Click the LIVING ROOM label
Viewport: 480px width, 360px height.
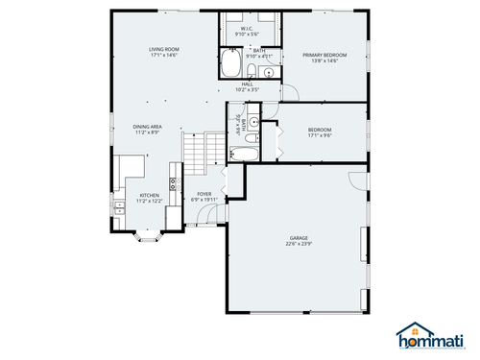point(163,49)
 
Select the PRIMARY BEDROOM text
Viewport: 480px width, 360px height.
point(324,56)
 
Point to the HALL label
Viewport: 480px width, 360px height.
point(247,84)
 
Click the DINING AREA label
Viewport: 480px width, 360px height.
point(147,127)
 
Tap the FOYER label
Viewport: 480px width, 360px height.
point(204,194)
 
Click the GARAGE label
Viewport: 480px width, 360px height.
point(299,237)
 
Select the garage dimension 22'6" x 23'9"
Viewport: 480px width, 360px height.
point(299,244)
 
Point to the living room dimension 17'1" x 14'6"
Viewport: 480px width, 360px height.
point(163,56)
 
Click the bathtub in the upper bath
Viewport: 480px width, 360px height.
point(231,65)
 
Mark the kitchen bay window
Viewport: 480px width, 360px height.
point(145,233)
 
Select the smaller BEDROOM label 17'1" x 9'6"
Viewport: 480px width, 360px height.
point(320,132)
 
